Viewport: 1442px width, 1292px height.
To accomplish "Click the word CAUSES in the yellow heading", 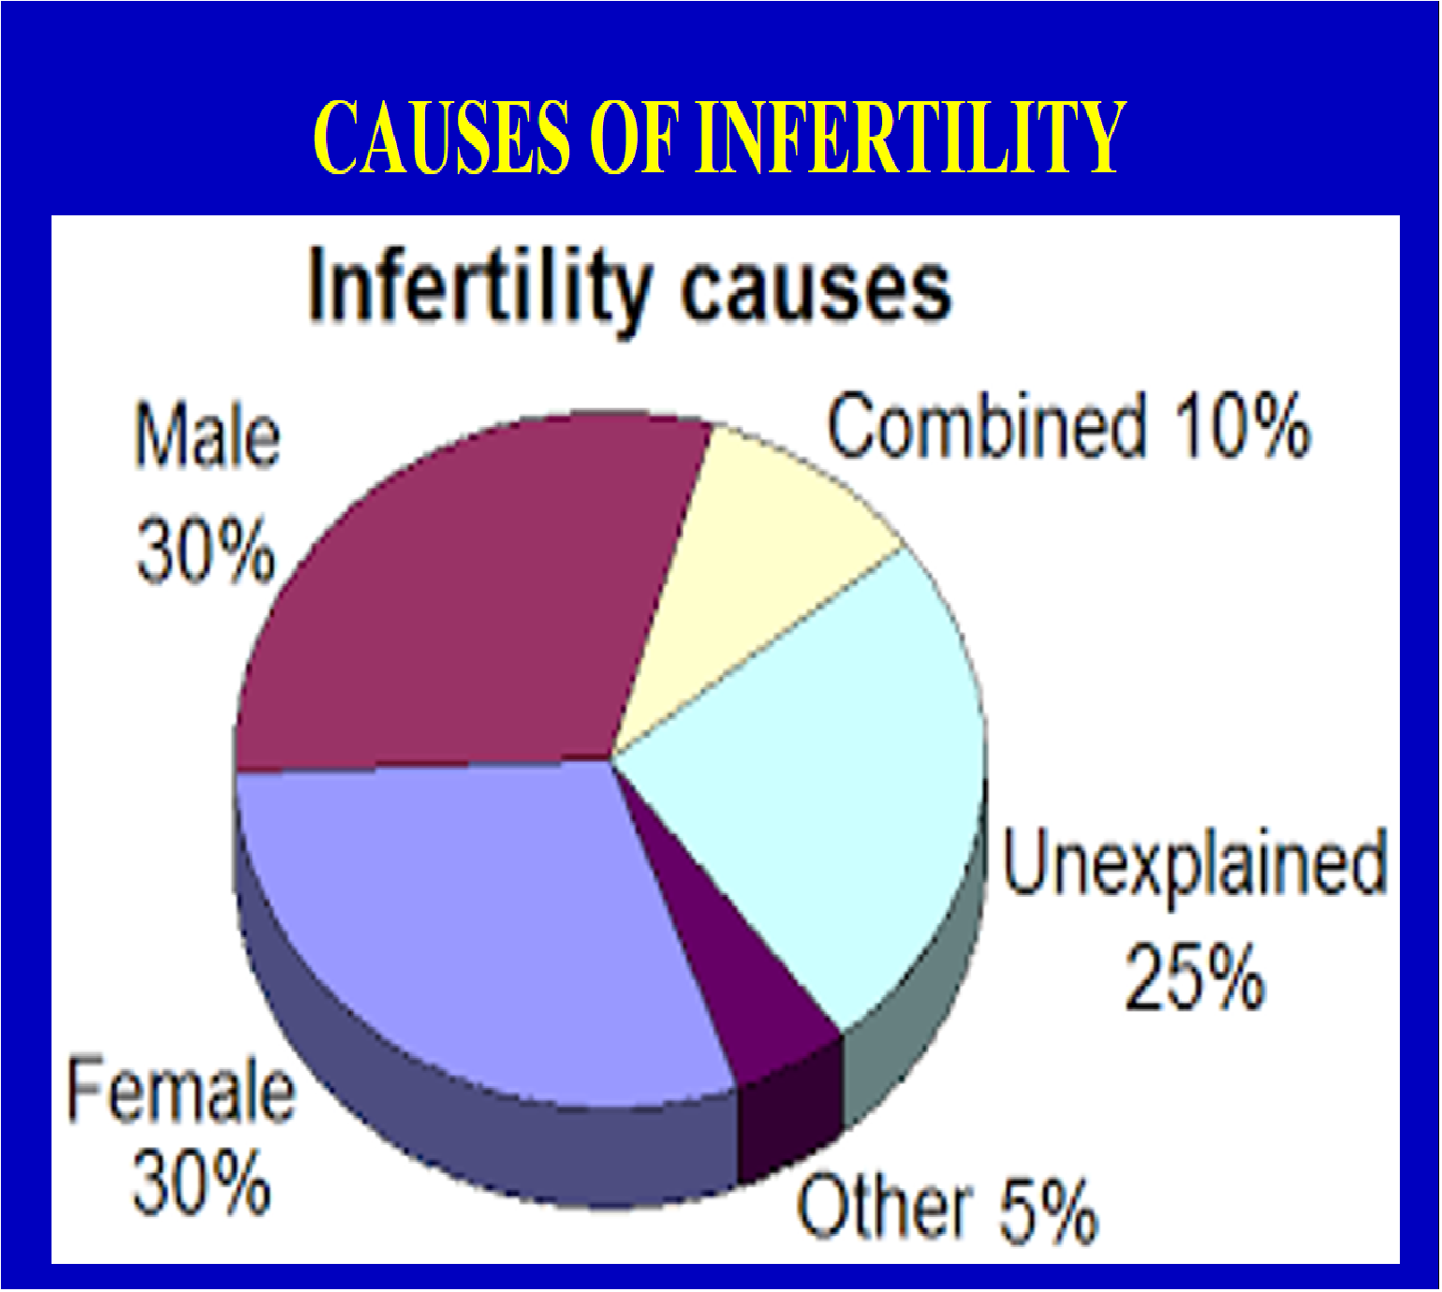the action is (x=442, y=137).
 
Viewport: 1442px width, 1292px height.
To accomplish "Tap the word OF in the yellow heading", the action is (x=633, y=137).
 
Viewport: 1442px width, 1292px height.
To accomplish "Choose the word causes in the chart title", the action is (x=816, y=293).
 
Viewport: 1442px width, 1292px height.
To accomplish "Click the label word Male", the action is (x=208, y=435).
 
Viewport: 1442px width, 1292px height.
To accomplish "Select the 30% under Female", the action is (x=202, y=1184).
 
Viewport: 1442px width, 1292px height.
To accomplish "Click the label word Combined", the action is (x=987, y=426).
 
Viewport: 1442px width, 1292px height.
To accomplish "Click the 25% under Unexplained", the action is (x=1194, y=978).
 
